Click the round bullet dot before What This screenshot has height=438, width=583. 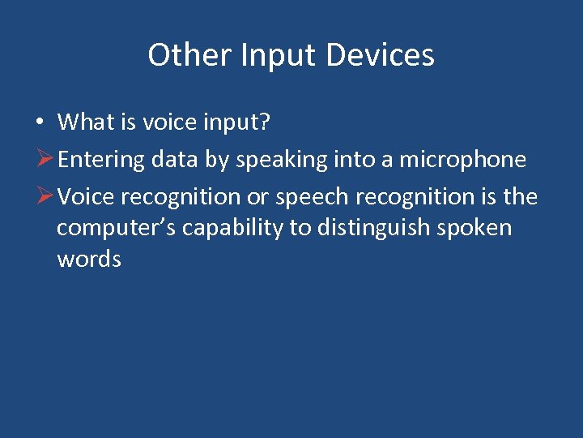click(x=39, y=122)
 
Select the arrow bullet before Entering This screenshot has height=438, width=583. click(x=45, y=159)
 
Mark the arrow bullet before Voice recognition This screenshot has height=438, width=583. click(x=45, y=196)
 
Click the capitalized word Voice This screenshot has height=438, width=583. click(x=87, y=196)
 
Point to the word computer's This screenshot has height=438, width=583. click(x=116, y=228)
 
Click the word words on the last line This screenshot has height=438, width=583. click(x=89, y=259)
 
